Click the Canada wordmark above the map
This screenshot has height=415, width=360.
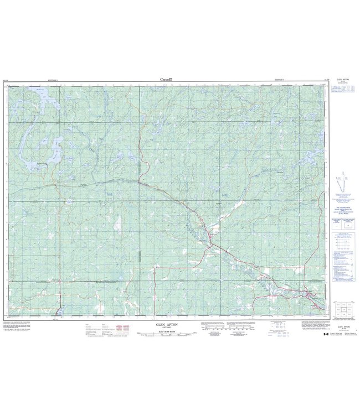click(166, 80)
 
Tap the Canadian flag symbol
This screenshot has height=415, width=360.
click(325, 334)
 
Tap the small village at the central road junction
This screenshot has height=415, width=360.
click(212, 237)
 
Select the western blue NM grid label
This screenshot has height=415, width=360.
click(108, 195)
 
